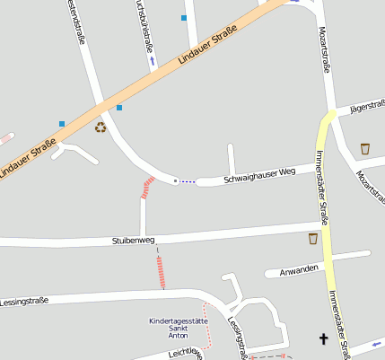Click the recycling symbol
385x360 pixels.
(101, 127)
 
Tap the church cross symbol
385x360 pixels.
(323, 338)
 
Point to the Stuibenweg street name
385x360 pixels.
(134, 241)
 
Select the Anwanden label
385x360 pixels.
(299, 268)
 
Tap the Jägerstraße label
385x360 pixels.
(367, 105)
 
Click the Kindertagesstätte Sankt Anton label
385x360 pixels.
(179, 328)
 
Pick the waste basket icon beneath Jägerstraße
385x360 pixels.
(365, 148)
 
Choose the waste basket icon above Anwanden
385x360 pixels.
(312, 238)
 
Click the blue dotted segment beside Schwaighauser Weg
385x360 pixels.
(187, 181)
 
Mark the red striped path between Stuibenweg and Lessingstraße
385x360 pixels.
(162, 272)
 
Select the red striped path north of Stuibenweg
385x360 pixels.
(147, 188)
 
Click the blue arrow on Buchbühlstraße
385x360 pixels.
(153, 61)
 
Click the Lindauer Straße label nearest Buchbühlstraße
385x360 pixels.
(206, 46)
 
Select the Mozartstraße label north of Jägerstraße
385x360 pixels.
(325, 50)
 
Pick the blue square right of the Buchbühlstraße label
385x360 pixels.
(184, 18)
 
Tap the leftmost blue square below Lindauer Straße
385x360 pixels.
(62, 123)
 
